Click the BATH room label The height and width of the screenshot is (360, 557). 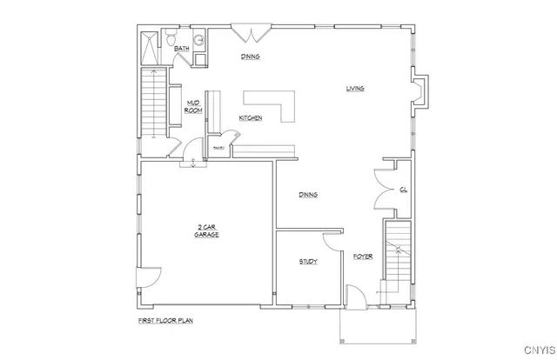(x=182, y=49)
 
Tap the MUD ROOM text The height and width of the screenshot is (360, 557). (x=193, y=107)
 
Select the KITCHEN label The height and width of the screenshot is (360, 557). (x=251, y=118)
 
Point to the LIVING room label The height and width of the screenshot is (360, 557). (x=354, y=88)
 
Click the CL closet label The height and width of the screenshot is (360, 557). (x=404, y=189)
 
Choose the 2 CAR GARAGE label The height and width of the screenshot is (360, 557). (x=206, y=231)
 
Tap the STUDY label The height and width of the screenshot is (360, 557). (x=308, y=262)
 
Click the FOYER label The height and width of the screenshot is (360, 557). (x=362, y=257)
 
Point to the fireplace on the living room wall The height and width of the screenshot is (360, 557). (x=419, y=91)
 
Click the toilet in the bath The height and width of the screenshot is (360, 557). (x=171, y=37)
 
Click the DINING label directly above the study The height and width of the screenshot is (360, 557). (x=306, y=195)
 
